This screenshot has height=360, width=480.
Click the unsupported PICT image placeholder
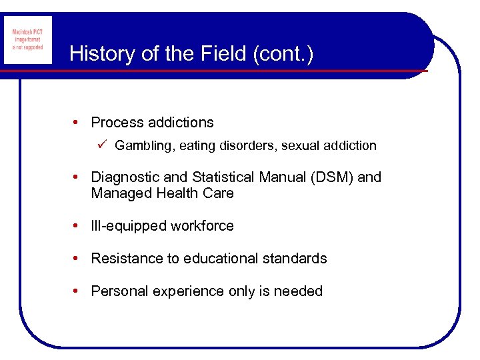click(27, 41)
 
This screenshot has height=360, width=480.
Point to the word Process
click(117, 123)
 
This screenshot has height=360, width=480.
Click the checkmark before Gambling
click(101, 145)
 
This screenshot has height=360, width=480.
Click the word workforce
click(202, 226)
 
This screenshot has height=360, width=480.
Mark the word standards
click(297, 259)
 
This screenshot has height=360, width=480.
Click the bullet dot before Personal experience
click(79, 291)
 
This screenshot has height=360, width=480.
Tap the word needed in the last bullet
click(300, 291)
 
